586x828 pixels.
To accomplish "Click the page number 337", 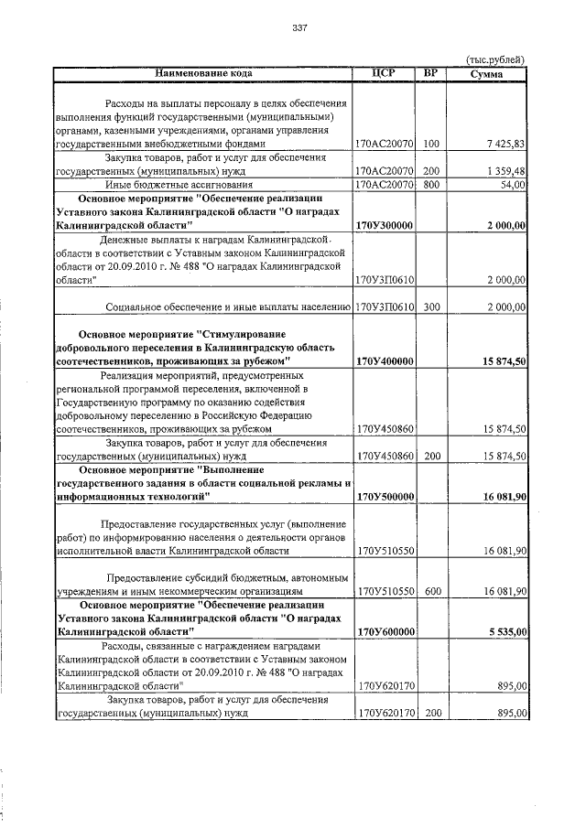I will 298,27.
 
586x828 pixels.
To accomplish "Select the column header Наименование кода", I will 202,72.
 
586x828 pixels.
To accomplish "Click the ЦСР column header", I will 385,72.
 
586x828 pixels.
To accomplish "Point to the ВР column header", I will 431,72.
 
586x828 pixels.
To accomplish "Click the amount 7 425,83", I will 505,144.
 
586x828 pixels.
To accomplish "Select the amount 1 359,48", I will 505,171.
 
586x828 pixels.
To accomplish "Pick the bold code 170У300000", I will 385,225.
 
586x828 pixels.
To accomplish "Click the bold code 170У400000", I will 385,362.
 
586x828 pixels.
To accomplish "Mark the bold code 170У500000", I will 385,496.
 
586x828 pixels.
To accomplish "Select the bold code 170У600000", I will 385,631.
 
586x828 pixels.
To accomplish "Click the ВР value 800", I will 431,185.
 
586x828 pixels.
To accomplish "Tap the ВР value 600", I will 431,592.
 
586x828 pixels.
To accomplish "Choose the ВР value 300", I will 431,307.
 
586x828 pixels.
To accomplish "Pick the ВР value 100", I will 431,144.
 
